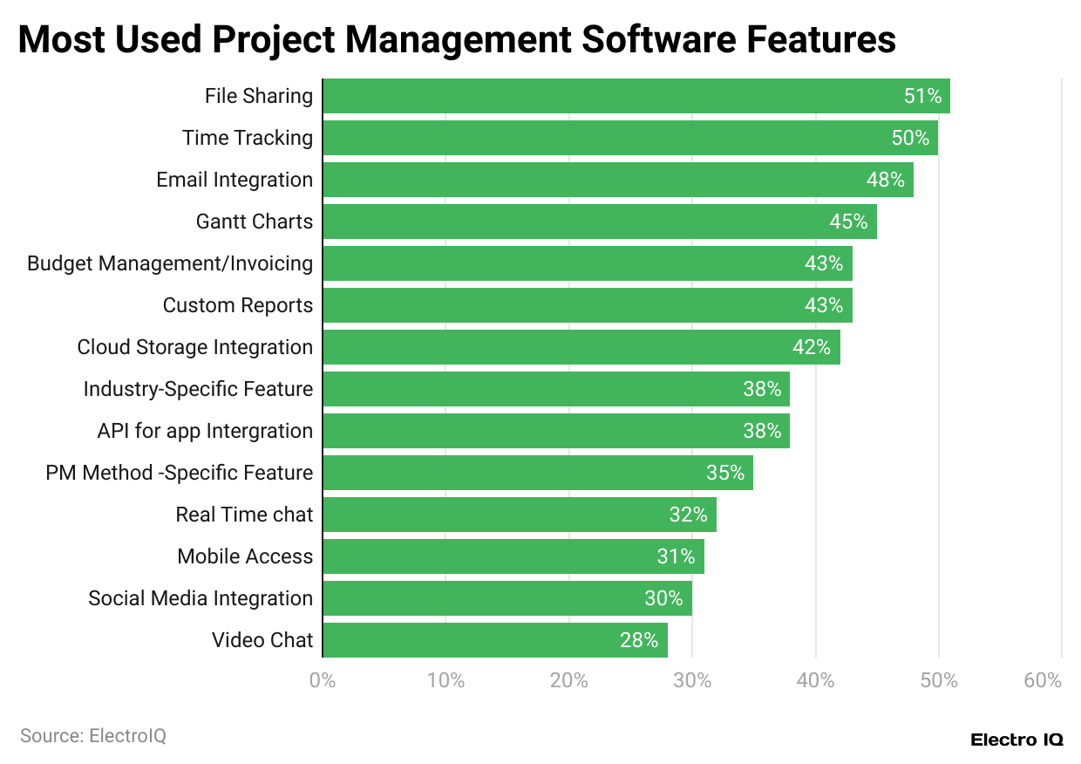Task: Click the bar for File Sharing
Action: coord(636,96)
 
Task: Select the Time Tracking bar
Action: coord(630,138)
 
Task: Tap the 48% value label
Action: coord(885,180)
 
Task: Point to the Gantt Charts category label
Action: coord(254,222)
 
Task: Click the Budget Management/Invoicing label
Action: coord(170,263)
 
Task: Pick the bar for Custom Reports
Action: coord(588,305)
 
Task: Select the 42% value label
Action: coord(812,347)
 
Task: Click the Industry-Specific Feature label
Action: coord(198,389)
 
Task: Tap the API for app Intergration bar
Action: coord(556,431)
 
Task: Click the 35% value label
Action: coord(725,473)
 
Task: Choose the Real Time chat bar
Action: coord(520,515)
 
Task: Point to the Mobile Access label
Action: coord(245,556)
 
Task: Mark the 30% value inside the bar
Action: coord(664,598)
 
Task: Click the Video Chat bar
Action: coord(495,640)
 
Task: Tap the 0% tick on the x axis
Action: coord(323,680)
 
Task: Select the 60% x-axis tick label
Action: coord(1043,680)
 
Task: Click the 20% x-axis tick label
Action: coord(569,680)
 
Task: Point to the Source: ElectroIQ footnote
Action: coord(93,736)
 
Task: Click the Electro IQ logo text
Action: coord(1016,740)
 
